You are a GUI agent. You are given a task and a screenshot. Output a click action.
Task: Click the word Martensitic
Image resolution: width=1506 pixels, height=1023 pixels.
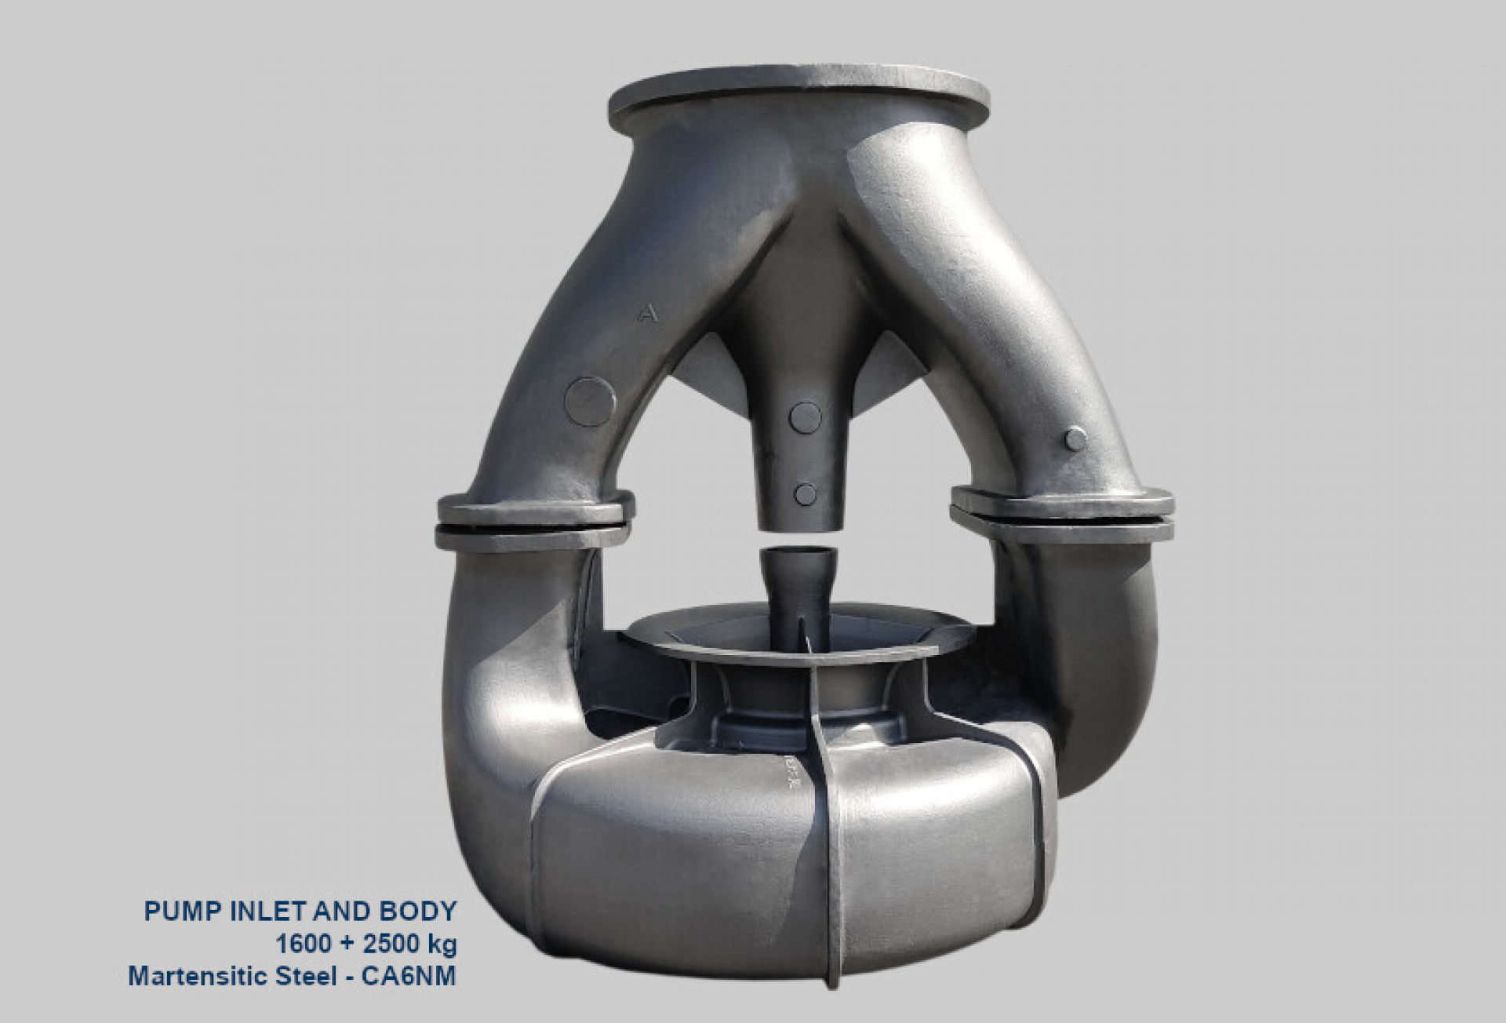187,977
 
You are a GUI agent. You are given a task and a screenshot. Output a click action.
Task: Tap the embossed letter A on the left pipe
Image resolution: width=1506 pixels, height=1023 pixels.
648,315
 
